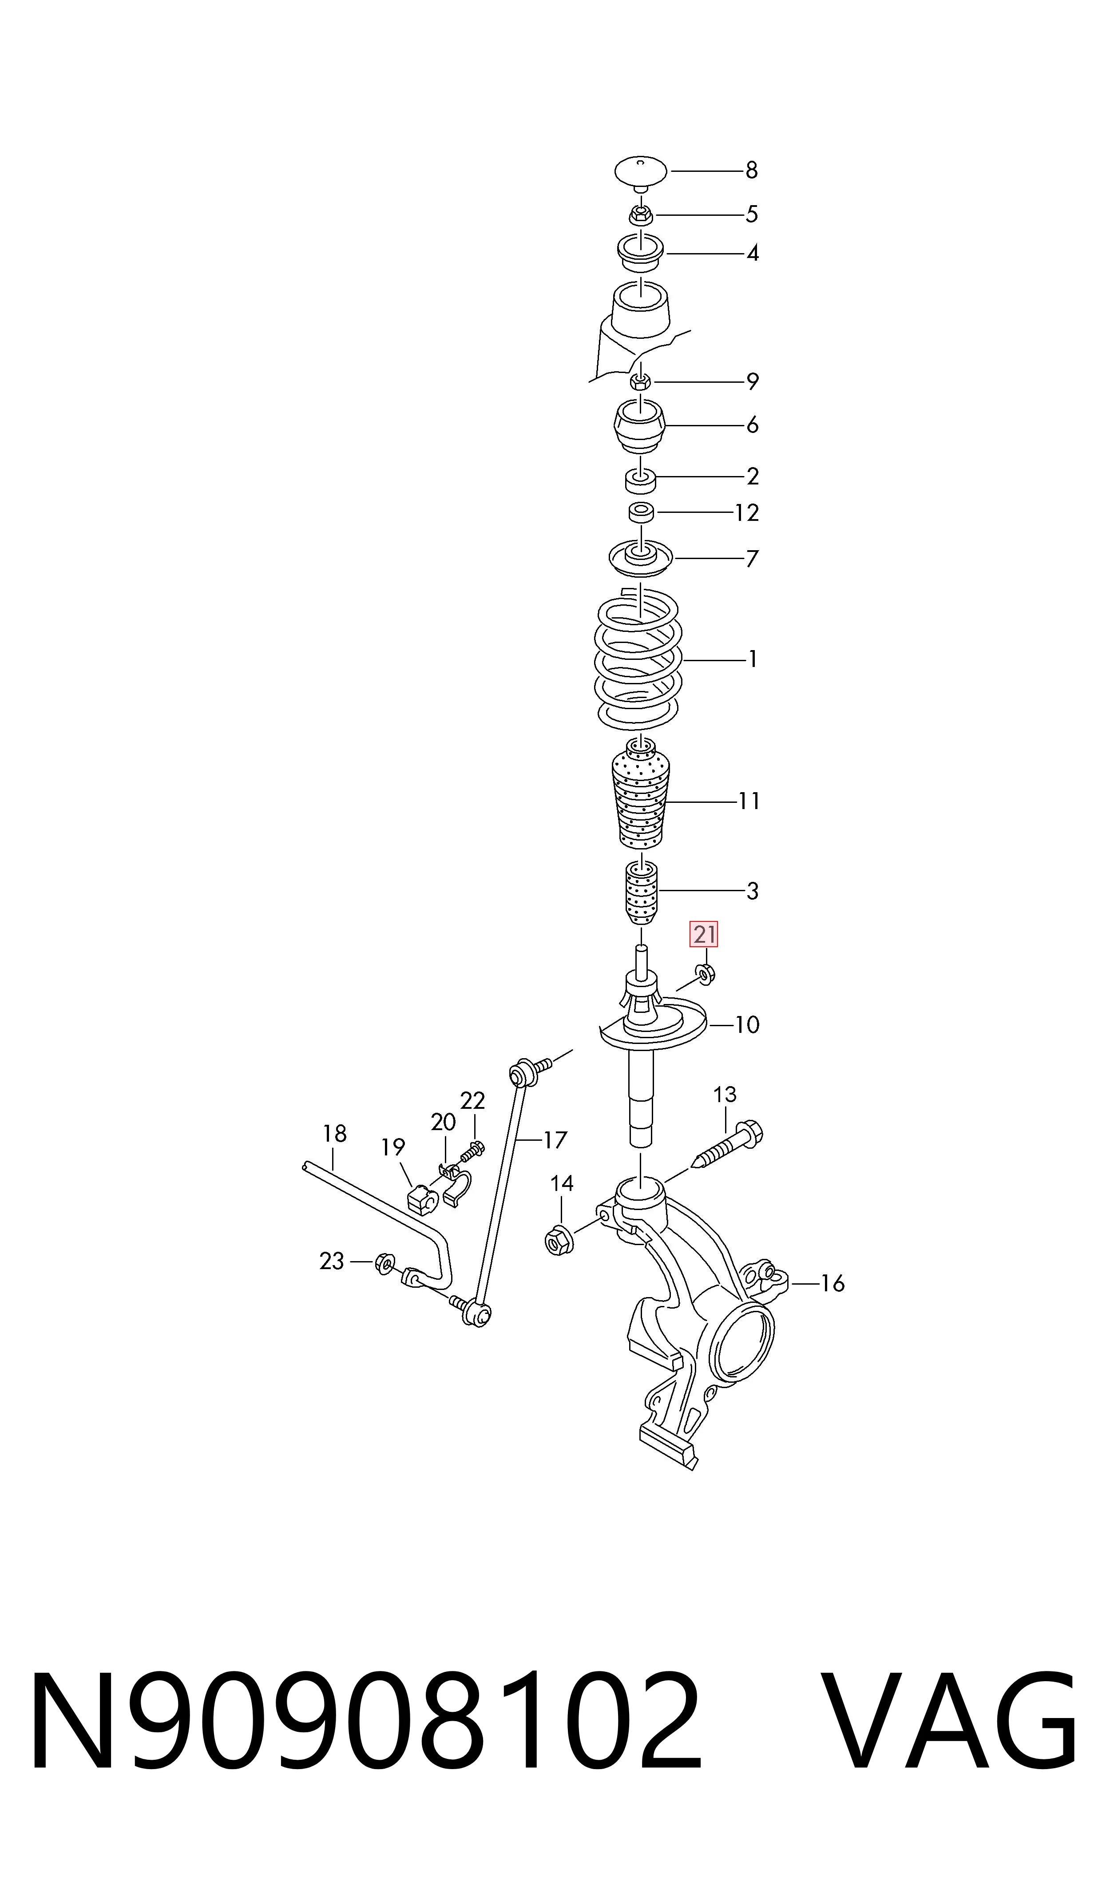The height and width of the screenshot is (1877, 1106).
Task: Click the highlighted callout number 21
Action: [x=704, y=934]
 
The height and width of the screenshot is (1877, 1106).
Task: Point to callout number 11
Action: [x=749, y=801]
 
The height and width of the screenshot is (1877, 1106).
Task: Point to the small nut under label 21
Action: [x=705, y=972]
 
